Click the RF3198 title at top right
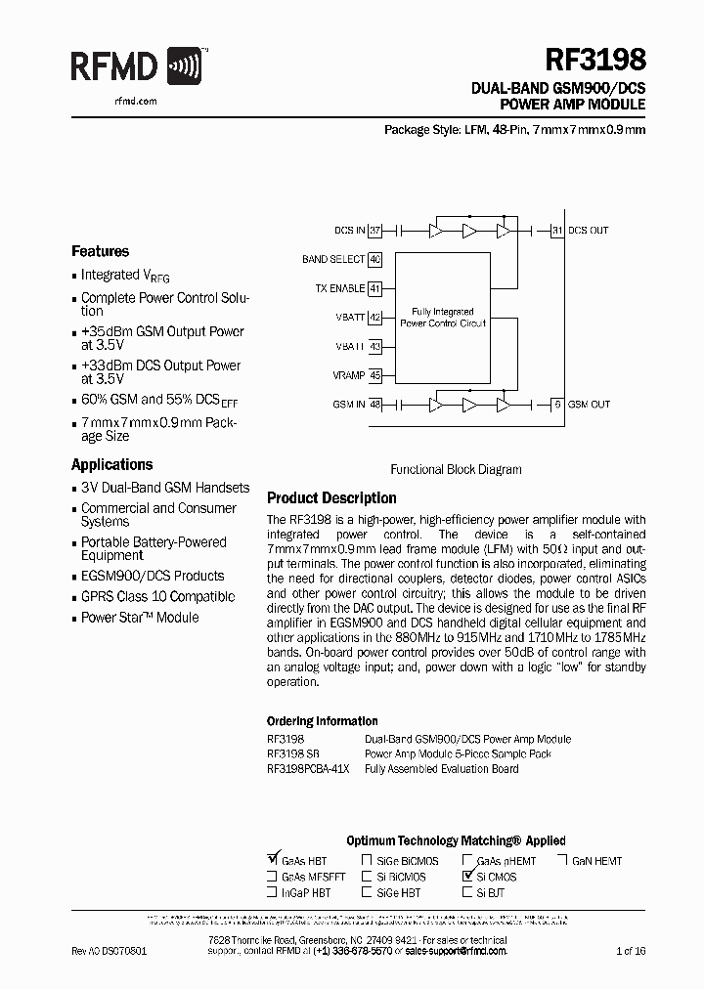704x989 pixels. coord(594,61)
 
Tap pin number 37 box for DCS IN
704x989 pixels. coord(374,231)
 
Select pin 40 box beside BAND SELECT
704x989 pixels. coord(374,260)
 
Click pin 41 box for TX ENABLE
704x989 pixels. coord(374,289)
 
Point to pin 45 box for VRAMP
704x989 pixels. coord(374,375)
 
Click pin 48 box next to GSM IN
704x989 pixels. coord(374,405)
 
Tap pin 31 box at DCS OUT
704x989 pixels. coord(557,231)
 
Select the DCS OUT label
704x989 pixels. coord(588,231)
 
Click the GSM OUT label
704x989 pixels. coord(589,405)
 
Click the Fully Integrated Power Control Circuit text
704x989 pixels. coord(443,317)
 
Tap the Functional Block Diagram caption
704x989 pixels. coord(456,469)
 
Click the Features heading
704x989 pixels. coord(100,251)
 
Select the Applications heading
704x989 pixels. coord(111,465)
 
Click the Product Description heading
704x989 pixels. coord(331,497)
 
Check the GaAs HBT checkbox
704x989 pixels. coord(273,861)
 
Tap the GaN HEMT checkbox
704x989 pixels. coord(564,861)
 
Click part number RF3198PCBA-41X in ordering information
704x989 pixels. coord(308,769)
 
